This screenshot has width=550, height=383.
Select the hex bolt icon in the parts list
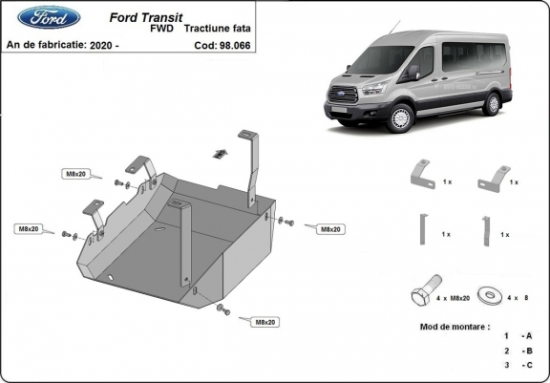pyautogui.click(x=423, y=293)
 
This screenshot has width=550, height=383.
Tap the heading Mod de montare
pyautogui.click(x=455, y=326)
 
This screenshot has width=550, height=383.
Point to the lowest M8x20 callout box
pyautogui.click(x=264, y=322)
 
